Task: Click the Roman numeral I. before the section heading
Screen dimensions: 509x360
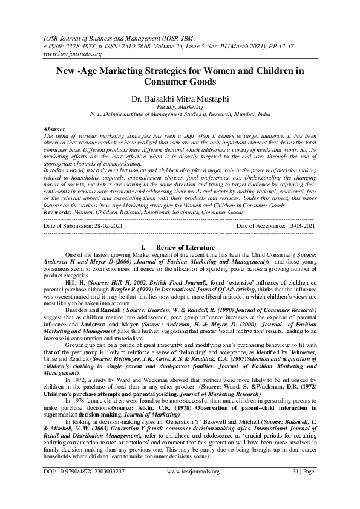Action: coord(142,248)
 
